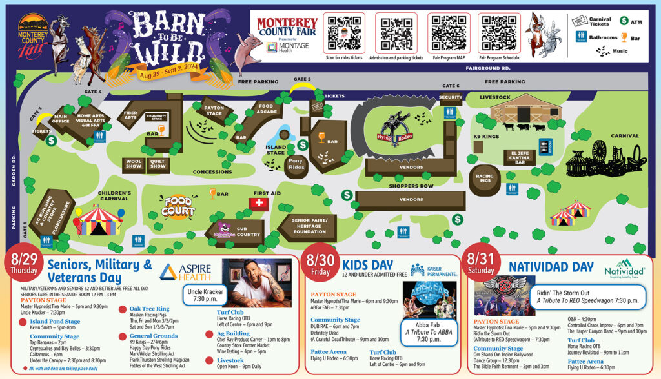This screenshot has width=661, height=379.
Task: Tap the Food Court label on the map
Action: tap(178, 206)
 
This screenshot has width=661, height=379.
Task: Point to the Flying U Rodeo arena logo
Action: tap(394, 127)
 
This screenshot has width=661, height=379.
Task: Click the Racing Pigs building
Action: tap(484, 177)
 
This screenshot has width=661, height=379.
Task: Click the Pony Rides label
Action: tap(296, 164)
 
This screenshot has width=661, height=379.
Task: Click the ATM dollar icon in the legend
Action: tap(624, 21)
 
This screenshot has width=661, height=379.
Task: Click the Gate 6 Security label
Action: tap(451, 97)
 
